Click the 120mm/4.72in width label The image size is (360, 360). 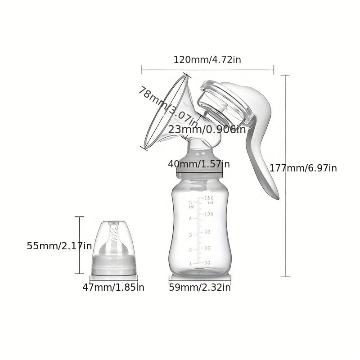pos(207,59)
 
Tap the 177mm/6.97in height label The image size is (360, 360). pos(303,168)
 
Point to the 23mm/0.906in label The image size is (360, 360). pos(207,130)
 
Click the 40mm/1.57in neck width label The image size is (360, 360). pos(198,164)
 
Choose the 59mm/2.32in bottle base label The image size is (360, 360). pos(200,288)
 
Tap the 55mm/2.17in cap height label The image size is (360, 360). pos(59,246)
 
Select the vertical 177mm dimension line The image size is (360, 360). pos(286,175)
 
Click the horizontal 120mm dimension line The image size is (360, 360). pos(207,69)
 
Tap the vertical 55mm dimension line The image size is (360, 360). pos(80,245)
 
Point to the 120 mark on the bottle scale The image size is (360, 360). pos(209,215)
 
